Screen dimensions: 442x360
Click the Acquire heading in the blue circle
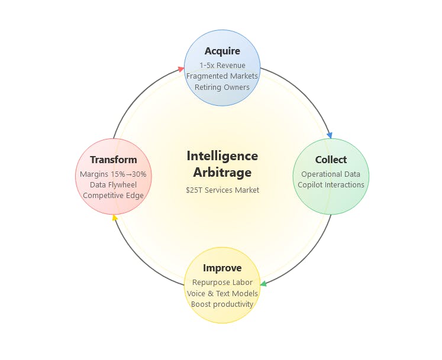click(x=222, y=51)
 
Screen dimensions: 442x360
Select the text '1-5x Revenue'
click(x=222, y=66)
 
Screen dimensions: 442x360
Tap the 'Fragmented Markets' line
click(x=222, y=76)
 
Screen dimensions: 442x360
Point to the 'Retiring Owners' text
click(x=222, y=87)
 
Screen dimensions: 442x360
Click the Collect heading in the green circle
click(x=331, y=160)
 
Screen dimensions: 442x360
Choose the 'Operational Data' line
click(x=331, y=174)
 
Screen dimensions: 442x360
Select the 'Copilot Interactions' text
click(x=331, y=185)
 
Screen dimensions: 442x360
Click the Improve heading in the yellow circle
click(x=222, y=268)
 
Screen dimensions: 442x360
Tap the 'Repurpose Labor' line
click(x=222, y=282)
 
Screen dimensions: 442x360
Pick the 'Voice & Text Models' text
click(x=222, y=294)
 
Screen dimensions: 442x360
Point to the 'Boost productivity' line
click(x=222, y=304)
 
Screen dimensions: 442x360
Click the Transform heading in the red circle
click(x=114, y=160)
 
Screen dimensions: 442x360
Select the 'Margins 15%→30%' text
click(x=113, y=174)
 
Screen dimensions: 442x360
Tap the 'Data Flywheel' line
click(x=114, y=185)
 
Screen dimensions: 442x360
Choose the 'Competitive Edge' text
click(x=114, y=196)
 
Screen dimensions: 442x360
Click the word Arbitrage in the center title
click(x=222, y=173)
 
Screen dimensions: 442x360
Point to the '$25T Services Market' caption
click(x=222, y=190)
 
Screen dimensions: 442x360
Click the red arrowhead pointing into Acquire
click(x=181, y=69)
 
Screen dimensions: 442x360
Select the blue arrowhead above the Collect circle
click(x=330, y=135)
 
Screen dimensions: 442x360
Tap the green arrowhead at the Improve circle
click(x=263, y=284)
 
